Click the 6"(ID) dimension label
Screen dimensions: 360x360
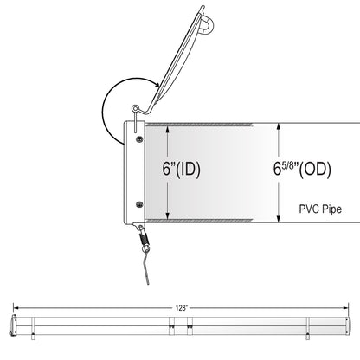tap(181, 169)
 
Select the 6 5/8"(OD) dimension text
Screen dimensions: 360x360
tap(302, 169)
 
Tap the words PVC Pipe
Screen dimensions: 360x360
tap(320, 209)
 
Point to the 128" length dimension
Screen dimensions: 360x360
tap(182, 308)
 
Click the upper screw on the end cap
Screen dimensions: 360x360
tap(139, 139)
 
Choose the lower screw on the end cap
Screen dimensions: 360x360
tap(139, 204)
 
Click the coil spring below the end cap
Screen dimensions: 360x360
tap(144, 238)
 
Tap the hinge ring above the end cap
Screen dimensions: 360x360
tap(135, 108)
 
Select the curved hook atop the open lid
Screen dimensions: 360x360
tap(208, 23)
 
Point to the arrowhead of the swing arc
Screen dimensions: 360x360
tap(157, 85)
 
